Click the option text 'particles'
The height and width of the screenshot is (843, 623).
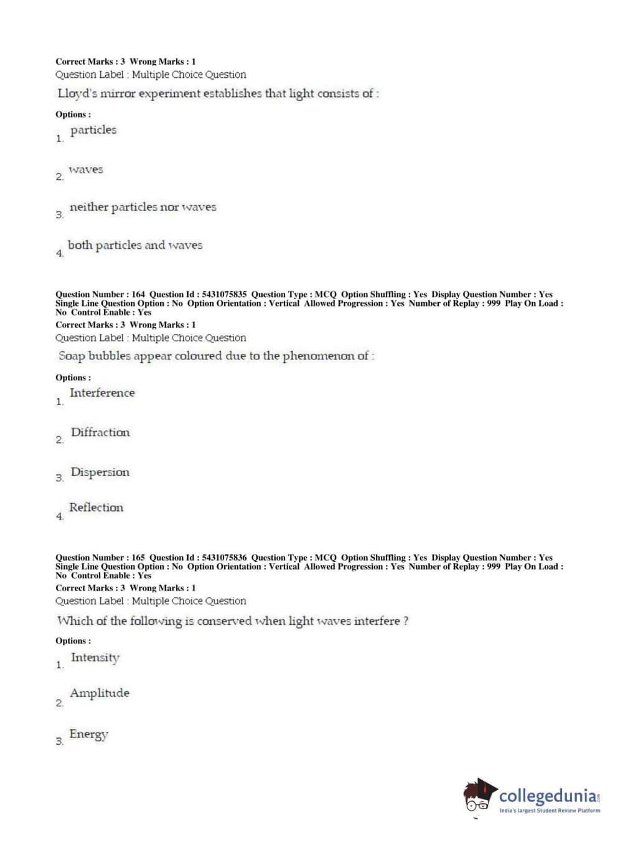point(93,130)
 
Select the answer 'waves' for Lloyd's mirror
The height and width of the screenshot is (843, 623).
point(86,170)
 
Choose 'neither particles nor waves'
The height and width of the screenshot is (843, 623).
point(143,207)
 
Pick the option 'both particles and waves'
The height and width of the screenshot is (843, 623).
point(135,245)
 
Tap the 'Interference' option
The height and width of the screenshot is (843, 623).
point(102,393)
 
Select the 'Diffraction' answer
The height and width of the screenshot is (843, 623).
point(100,433)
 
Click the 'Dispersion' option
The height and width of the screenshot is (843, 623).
point(100,472)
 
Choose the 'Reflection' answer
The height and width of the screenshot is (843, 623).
point(96,507)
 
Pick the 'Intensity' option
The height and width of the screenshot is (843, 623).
point(95,658)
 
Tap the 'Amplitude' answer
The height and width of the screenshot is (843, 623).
point(100,693)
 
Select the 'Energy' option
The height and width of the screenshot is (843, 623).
point(88,734)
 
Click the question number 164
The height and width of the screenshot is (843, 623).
point(138,295)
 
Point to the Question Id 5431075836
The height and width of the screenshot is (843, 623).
point(224,558)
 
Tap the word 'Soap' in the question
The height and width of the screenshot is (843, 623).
point(72,356)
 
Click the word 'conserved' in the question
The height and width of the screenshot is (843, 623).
point(224,621)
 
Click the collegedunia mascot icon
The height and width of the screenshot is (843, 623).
point(479,796)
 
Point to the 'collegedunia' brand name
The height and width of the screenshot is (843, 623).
point(547,796)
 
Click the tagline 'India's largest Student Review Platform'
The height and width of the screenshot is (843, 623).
point(550,811)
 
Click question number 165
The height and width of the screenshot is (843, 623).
point(138,558)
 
